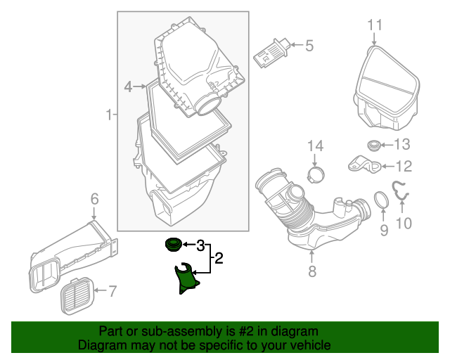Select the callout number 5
tap(309, 46)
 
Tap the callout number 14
tap(315, 146)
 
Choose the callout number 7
tap(112, 290)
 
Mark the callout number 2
tap(219, 259)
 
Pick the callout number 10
tap(404, 224)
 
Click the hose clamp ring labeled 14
tap(317, 172)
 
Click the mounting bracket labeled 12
tap(364, 166)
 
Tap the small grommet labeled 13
tap(374, 146)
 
